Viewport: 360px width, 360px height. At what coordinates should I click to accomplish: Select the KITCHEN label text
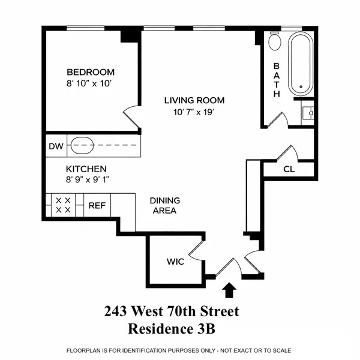[86, 169]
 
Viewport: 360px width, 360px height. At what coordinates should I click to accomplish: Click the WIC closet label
[175, 262]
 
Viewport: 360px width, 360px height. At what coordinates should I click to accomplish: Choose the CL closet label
[289, 169]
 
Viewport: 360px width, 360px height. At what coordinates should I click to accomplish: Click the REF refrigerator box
[97, 205]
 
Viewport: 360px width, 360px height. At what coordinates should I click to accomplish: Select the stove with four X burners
[63, 205]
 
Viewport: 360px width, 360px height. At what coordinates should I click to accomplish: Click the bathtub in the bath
[301, 64]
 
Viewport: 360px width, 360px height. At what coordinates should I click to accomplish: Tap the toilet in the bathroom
[275, 41]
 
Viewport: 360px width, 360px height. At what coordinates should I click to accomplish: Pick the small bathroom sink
[308, 112]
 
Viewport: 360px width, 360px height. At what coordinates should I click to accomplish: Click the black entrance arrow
[228, 290]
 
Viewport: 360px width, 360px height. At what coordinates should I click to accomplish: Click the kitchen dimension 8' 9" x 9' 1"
[88, 179]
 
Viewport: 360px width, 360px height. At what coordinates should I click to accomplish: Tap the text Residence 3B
[172, 329]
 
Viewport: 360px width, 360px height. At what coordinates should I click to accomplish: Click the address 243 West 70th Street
[172, 312]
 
